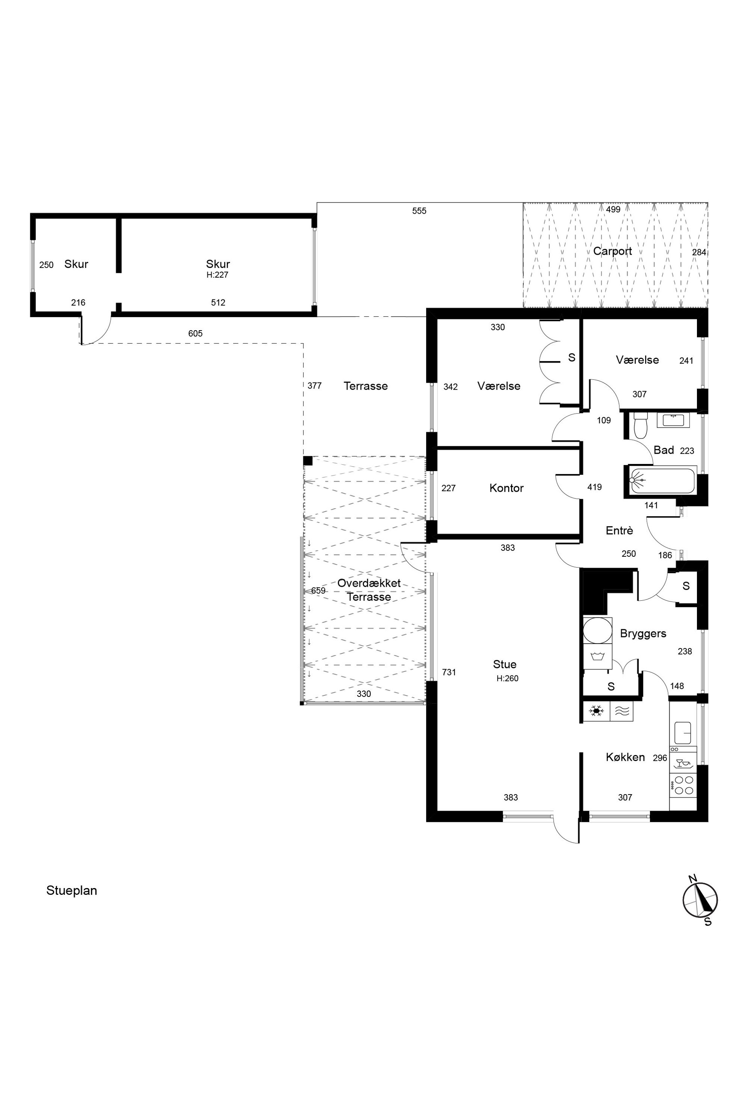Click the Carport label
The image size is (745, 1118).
[612, 251]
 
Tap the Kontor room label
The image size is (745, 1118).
[507, 488]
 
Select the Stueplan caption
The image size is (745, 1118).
[72, 890]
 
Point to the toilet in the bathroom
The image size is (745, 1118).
[641, 425]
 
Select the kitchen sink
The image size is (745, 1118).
[683, 733]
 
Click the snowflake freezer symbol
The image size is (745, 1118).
[596, 711]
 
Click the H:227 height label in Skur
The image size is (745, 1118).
[218, 275]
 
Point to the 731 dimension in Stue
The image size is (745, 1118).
[449, 672]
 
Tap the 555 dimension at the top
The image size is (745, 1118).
[419, 211]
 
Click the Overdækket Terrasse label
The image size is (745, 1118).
[369, 590]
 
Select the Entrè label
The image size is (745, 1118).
[620, 530]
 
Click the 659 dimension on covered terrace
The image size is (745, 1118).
[318, 591]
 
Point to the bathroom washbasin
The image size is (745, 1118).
[673, 421]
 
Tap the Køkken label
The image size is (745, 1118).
[625, 757]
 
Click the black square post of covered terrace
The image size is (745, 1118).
[308, 461]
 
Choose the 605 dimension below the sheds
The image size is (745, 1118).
[195, 334]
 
